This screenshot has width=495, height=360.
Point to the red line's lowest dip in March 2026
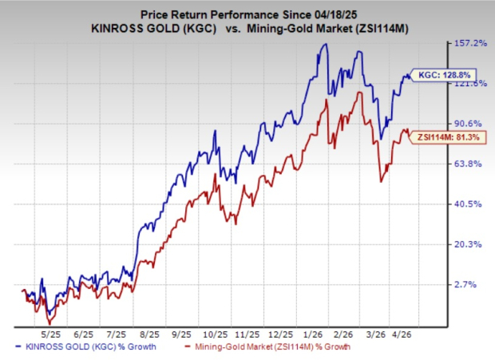380,182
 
